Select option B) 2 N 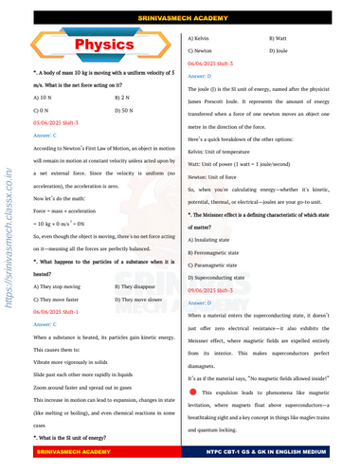coord(125,98)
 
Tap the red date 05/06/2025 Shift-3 coord(63,123)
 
